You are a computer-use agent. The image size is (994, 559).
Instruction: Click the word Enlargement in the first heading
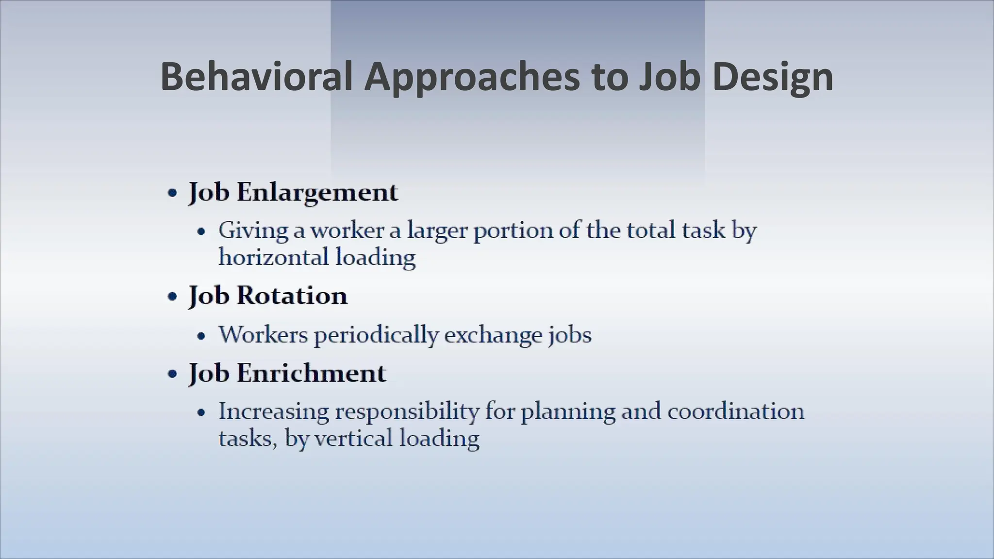coord(317,192)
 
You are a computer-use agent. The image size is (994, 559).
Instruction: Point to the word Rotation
coord(292,296)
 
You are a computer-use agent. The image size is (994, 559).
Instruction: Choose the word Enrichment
coord(311,373)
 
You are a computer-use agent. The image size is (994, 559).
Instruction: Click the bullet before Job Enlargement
coord(172,193)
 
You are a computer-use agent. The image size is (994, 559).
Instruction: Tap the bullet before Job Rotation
coord(172,296)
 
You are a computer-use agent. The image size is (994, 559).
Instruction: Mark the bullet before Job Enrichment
coord(172,374)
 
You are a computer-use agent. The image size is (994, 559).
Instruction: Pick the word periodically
coord(376,335)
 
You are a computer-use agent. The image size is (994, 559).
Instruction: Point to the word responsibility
coord(407,412)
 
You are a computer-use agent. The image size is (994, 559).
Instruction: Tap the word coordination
coord(735,411)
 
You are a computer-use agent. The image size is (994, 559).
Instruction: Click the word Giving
coord(252,230)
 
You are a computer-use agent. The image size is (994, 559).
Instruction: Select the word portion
coord(512,230)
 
